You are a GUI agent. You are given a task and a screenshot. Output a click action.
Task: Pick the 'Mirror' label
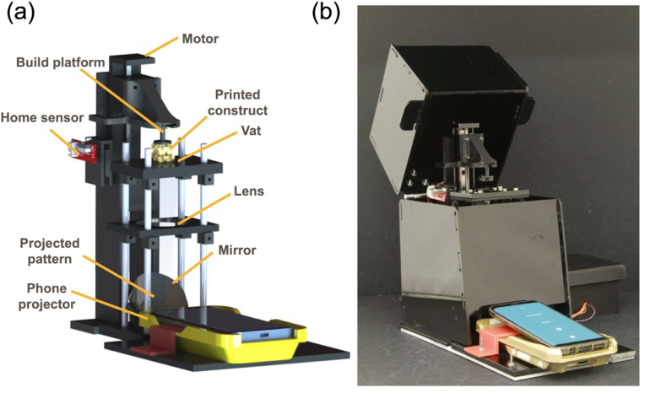pyautogui.click(x=239, y=250)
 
